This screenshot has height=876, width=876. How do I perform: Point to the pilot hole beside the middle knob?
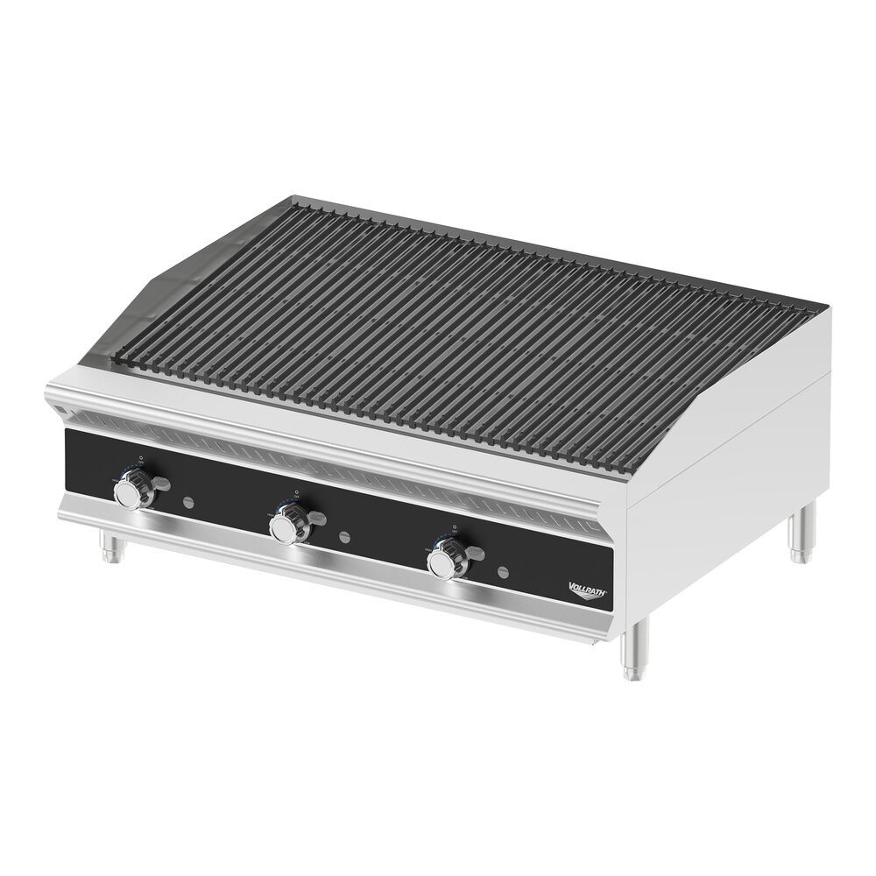click(344, 535)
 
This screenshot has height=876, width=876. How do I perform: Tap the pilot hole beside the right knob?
click(502, 572)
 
